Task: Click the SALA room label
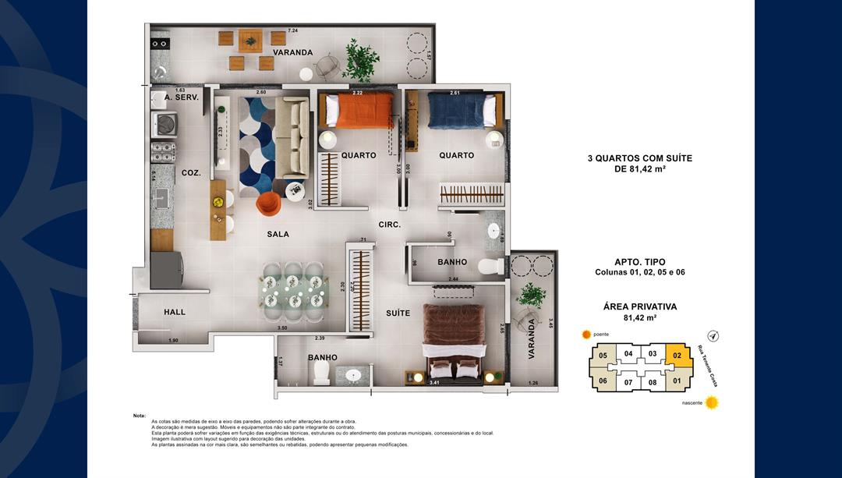278,234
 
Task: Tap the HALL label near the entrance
175,312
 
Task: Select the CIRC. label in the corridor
390,225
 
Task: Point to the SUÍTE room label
398,313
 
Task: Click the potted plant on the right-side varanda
532,296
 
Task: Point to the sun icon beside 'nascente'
711,403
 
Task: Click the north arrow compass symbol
713,336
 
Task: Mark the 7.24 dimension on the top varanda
292,30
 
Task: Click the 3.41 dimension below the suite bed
434,383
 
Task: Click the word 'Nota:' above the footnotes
140,416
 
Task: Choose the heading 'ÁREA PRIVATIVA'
639,306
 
